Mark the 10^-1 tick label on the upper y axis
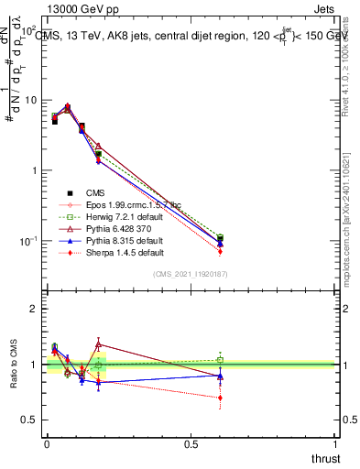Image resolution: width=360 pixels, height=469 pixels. (x=27, y=241)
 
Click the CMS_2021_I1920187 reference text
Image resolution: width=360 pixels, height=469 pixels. (x=191, y=274)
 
